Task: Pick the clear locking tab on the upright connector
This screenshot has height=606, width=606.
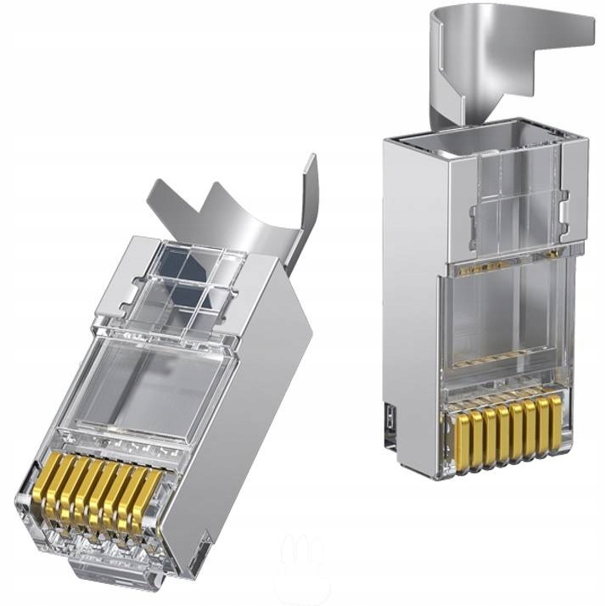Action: (x=513, y=195)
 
